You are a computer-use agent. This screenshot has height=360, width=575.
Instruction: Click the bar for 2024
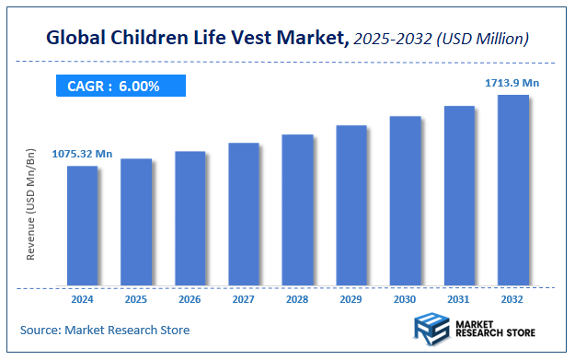point(82,225)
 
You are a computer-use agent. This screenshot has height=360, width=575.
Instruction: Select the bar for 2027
point(244,214)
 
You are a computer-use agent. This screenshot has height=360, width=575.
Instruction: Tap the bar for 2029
point(351,204)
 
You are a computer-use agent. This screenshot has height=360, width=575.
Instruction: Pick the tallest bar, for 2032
point(513,190)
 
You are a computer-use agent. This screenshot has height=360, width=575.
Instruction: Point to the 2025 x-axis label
point(136,299)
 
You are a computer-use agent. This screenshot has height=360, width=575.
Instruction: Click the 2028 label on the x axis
point(297,299)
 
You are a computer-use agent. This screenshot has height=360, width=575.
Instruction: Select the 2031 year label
point(459,299)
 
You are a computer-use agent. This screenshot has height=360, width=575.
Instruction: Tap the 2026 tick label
point(190,299)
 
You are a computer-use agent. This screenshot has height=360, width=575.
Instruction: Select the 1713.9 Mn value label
point(512,83)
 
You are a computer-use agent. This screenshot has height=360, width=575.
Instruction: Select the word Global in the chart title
point(78,39)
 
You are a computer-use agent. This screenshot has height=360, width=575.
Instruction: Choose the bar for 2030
point(406,200)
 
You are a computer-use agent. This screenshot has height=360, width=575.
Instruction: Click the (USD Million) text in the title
point(481,39)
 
